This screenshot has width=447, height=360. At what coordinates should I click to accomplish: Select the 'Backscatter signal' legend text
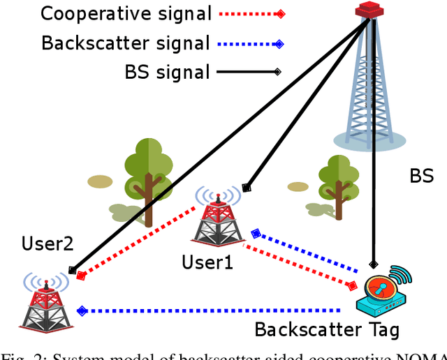[x=126, y=43]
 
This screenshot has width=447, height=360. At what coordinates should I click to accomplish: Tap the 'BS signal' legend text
[x=168, y=71]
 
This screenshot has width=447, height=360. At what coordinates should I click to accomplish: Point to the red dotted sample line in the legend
[x=251, y=14]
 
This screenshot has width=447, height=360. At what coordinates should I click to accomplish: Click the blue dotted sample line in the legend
[x=251, y=44]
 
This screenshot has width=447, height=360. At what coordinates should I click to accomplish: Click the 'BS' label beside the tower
[x=421, y=176]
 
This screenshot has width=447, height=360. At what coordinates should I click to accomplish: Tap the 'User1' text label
[x=207, y=262]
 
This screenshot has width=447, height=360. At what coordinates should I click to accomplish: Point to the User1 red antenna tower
[x=219, y=217]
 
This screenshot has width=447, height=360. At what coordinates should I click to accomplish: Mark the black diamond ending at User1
[x=245, y=187]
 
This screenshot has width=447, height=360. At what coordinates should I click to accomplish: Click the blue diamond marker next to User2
[x=82, y=310]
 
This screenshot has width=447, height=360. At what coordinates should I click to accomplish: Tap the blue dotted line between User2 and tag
[x=210, y=310]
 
